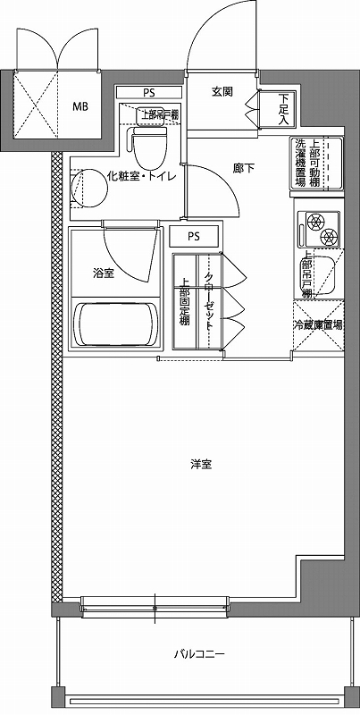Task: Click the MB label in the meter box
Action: pos(80,105)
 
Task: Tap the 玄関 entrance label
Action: pos(222,93)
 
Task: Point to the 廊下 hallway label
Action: pos(245,165)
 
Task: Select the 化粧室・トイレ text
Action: pos(140,175)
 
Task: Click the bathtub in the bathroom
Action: pos(114,325)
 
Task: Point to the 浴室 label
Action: pos(103,273)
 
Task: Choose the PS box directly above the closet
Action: pos(194,237)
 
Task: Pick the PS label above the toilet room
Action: pos(148,91)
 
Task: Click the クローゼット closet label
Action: pos(208,303)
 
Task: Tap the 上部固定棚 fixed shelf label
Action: pos(183,303)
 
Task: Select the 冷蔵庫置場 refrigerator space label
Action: pos(318,326)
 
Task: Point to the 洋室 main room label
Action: pos(200,465)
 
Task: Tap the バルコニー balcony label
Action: pos(199,654)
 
